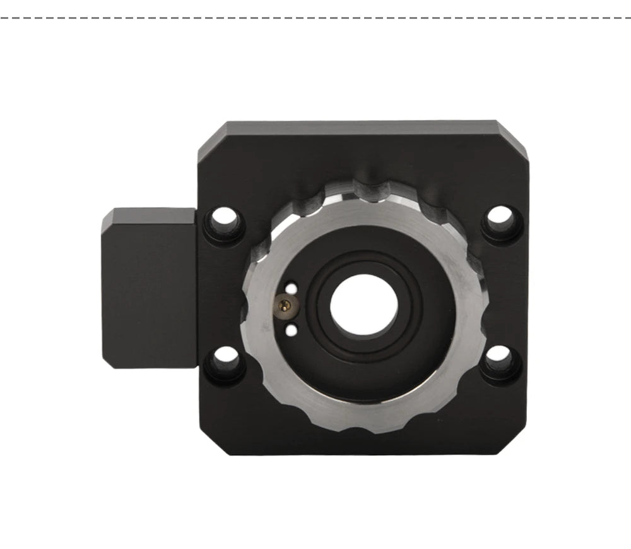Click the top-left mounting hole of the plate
[x=225, y=222]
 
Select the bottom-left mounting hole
[x=224, y=362]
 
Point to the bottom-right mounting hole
[x=502, y=359]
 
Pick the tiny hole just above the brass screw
[x=291, y=289]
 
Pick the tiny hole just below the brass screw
[x=291, y=329]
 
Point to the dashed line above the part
[x=315, y=18]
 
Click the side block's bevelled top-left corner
[x=106, y=215]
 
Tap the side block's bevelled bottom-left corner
[x=108, y=363]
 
